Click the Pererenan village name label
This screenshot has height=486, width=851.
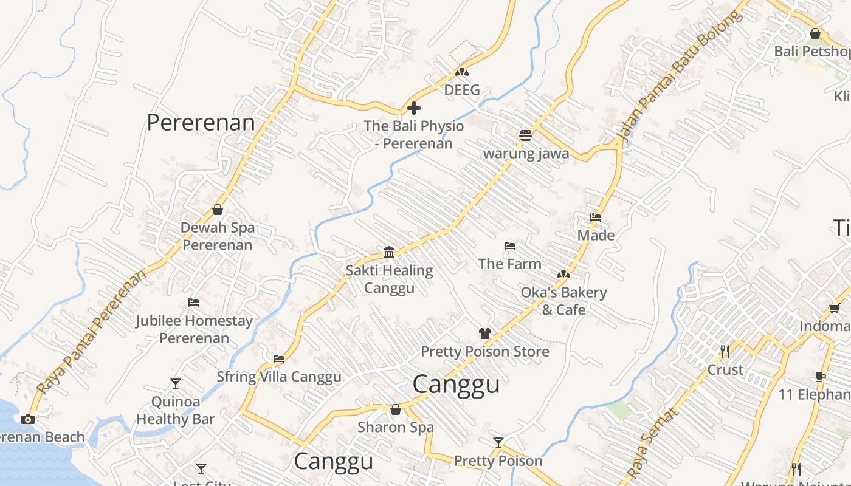(201, 123)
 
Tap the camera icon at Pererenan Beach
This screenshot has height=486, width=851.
(28, 419)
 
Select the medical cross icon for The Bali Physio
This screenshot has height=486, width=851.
(414, 109)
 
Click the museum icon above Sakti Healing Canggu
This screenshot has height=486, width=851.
(389, 252)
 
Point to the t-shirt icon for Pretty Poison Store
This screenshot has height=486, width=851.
(484, 333)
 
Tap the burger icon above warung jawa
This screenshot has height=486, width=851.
(526, 135)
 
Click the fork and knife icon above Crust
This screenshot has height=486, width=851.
(725, 351)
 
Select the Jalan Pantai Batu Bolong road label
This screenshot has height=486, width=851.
(679, 76)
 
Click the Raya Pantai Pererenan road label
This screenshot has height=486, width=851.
(91, 332)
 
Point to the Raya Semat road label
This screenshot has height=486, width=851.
(652, 443)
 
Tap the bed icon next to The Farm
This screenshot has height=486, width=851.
(510, 246)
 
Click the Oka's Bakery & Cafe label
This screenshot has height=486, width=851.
(563, 301)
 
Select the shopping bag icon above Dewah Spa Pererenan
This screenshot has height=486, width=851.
(218, 210)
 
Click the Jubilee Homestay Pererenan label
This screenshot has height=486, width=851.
(194, 329)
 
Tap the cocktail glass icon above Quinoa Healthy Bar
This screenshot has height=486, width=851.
(176, 383)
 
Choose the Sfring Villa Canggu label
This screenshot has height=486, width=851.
(279, 377)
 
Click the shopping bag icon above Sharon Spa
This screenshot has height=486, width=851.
(396, 409)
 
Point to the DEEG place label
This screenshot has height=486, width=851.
(462, 90)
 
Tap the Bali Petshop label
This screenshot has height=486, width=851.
(811, 51)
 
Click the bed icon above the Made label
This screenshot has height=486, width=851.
(596, 217)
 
